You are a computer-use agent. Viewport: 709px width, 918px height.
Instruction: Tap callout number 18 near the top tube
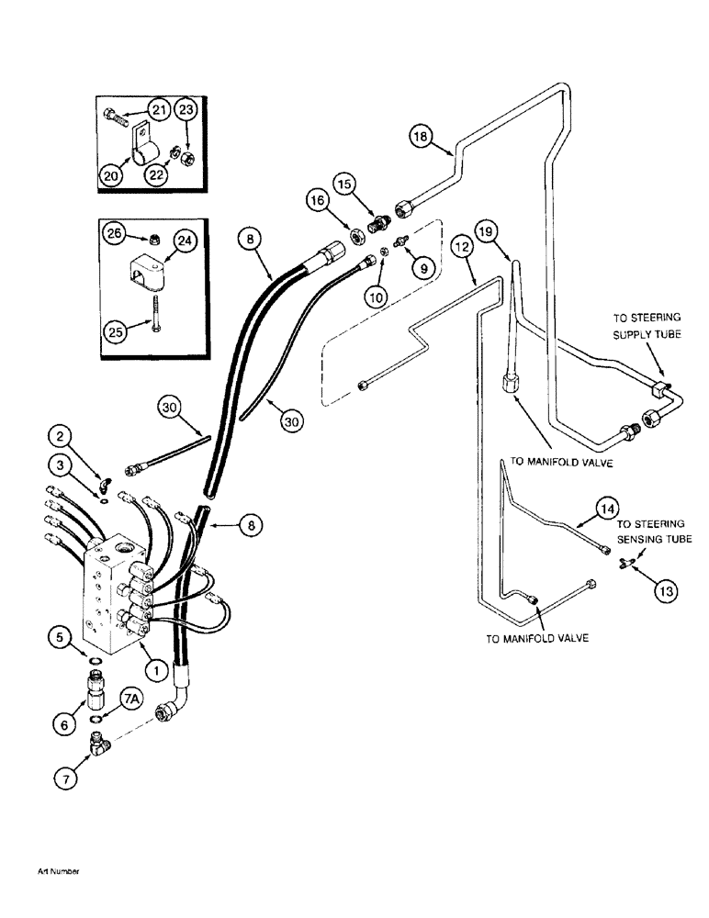point(421,137)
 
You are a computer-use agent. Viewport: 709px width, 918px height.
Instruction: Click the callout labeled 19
point(490,231)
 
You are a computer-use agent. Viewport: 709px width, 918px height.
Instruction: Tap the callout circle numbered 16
point(316,198)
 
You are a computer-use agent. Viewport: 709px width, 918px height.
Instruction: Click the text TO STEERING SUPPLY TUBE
point(647,327)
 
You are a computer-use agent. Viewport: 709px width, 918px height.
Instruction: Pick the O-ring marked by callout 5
point(96,658)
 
